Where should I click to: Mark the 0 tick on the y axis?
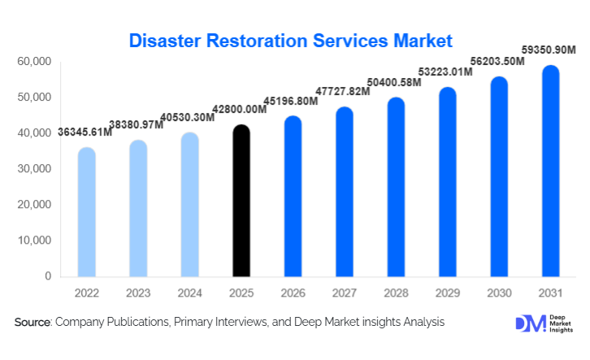pyautogui.click(x=48, y=276)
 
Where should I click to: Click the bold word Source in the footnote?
pyautogui.click(x=33, y=323)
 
